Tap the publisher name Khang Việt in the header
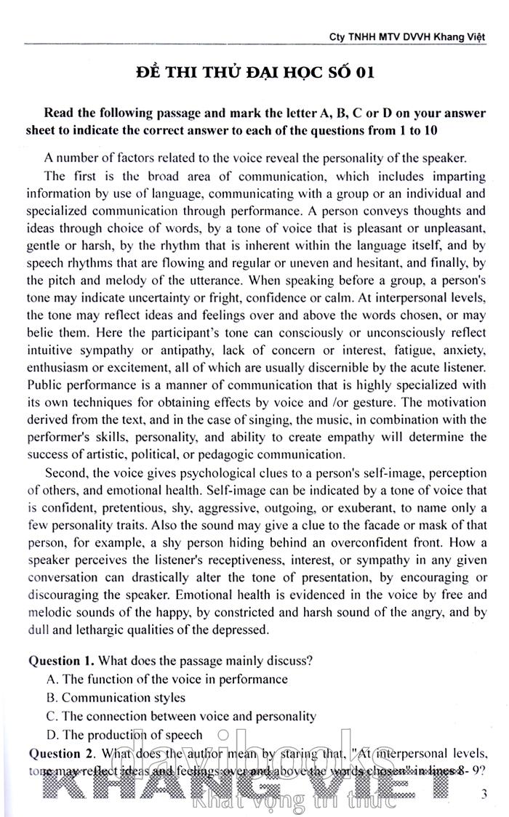457,36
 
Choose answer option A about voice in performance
167,679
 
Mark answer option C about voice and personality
181,716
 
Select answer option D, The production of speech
124,735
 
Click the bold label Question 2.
61,753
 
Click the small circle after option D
223,735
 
